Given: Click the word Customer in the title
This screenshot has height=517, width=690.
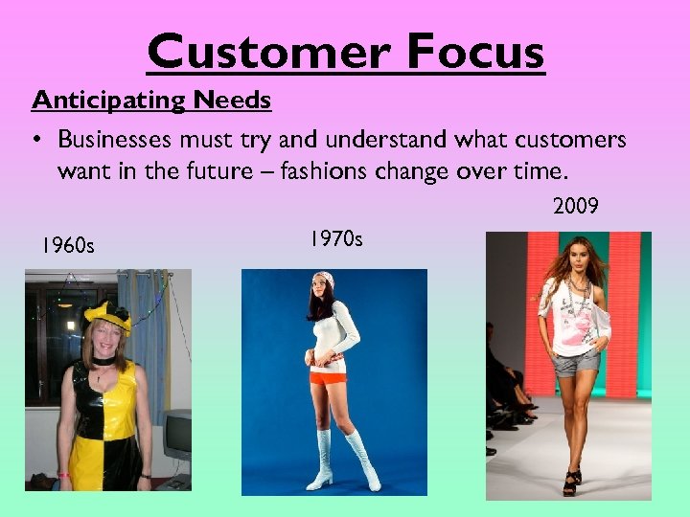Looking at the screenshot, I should (270, 53).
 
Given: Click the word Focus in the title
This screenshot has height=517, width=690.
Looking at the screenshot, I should (475, 53).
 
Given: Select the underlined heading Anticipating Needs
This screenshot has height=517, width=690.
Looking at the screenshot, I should (151, 101).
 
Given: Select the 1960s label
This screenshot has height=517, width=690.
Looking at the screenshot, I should (67, 247).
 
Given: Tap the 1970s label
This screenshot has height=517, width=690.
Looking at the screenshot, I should (335, 238).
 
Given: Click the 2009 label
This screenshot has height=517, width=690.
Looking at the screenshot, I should (575, 206).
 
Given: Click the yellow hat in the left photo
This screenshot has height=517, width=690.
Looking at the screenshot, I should (106, 312).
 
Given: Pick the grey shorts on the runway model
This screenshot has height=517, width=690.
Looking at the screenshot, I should (573, 361).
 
